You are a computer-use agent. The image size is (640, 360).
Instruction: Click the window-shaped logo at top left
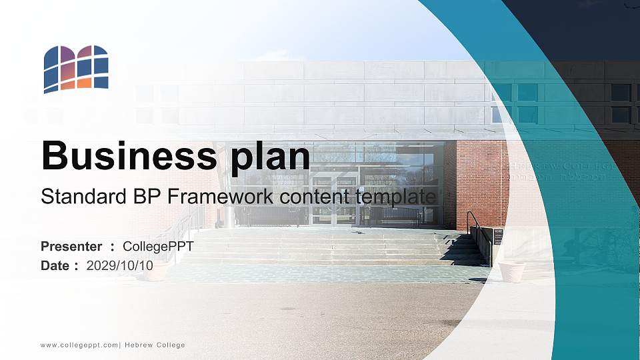pyautogui.click(x=76, y=69)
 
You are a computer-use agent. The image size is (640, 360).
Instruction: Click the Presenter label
pyautogui.click(x=71, y=247)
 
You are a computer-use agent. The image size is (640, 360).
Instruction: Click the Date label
pyautogui.click(x=55, y=265)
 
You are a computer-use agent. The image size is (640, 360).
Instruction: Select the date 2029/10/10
pyautogui.click(x=120, y=265)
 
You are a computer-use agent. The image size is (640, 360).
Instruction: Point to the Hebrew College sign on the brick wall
pyautogui.click(x=560, y=171)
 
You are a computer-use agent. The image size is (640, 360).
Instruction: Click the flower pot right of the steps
pyautogui.click(x=511, y=271)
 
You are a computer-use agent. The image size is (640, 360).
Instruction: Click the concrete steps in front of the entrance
pyautogui.click(x=333, y=247)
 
